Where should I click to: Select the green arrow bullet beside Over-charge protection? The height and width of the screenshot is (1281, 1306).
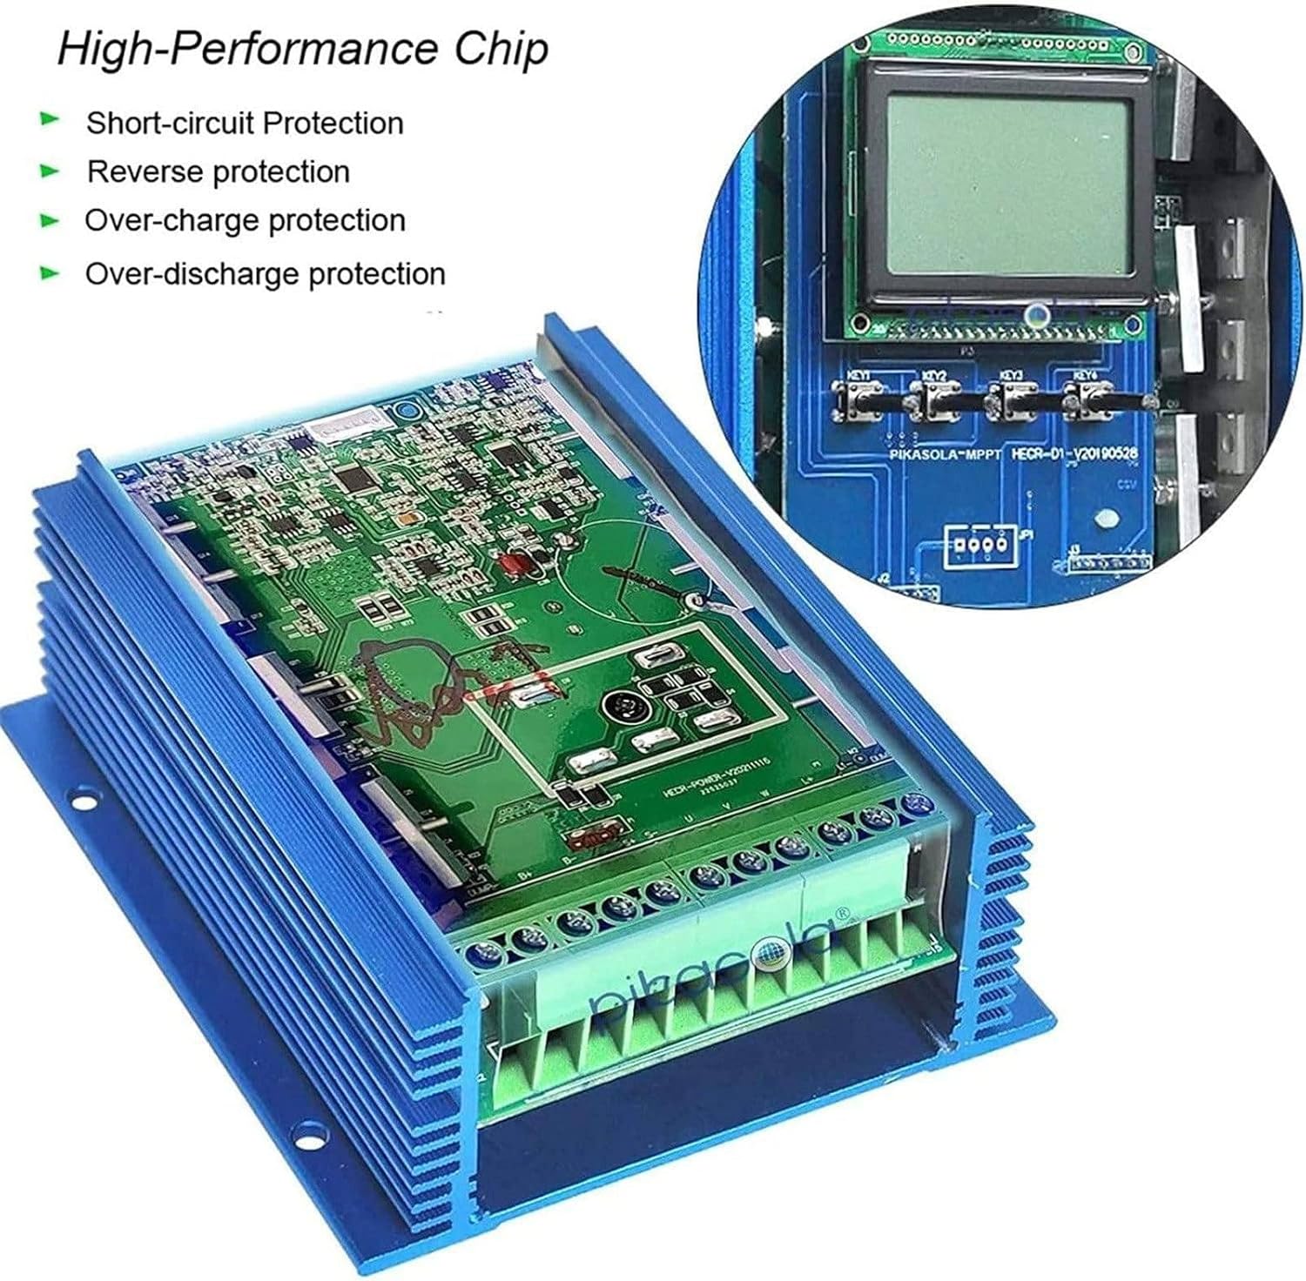50,220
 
